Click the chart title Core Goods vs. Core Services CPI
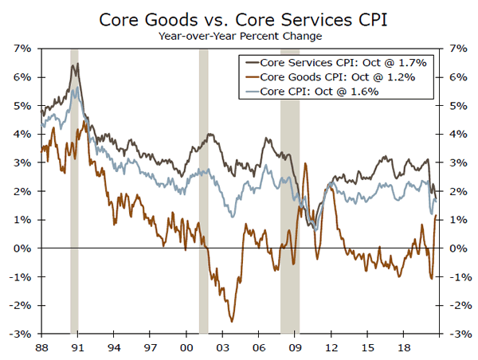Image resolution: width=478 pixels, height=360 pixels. coord(238,18)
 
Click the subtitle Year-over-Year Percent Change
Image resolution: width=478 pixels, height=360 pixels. coord(238,36)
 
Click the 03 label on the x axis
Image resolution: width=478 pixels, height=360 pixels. coord(222,349)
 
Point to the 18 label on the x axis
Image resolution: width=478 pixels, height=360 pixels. coord(404,349)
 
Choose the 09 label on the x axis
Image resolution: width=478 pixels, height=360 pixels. coord(295,349)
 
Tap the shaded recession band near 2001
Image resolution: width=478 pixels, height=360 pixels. coord(203,191)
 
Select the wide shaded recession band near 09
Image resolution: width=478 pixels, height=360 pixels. coord(289,191)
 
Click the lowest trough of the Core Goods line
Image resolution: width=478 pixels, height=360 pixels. coord(232,321)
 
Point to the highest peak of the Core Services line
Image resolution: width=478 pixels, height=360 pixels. coord(76,64)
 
